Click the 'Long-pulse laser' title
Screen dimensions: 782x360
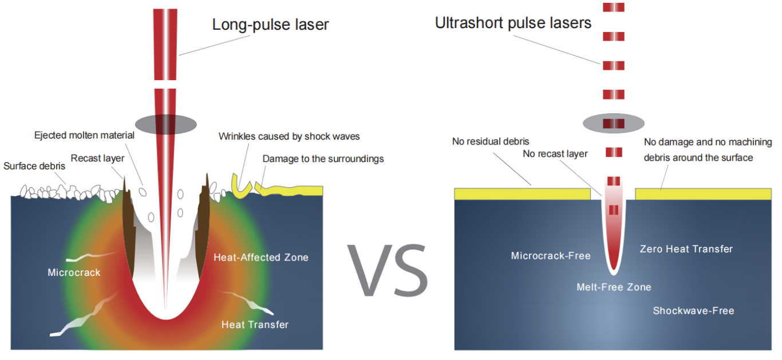(x=271, y=25)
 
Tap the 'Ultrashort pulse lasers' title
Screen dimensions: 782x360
(x=513, y=23)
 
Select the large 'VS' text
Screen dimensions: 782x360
(x=388, y=270)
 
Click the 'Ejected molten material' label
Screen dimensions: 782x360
(x=84, y=136)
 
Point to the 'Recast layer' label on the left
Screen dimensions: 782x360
(x=97, y=159)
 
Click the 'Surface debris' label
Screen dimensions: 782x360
(x=34, y=166)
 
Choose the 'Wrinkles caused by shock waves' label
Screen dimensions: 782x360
(x=289, y=137)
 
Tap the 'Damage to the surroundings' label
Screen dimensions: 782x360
(x=323, y=159)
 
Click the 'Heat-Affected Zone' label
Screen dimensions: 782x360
(x=261, y=258)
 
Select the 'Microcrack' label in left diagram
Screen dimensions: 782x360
(x=74, y=272)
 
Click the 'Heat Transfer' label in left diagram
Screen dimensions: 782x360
(x=255, y=325)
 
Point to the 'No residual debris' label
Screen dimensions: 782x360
(x=491, y=141)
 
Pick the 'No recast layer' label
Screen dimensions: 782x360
(x=555, y=154)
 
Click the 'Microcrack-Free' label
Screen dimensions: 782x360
(x=551, y=256)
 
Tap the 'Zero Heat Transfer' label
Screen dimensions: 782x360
(x=686, y=249)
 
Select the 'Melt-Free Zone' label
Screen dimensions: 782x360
(x=614, y=287)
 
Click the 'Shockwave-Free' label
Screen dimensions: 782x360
(x=694, y=311)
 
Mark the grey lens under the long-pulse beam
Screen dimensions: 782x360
(x=166, y=124)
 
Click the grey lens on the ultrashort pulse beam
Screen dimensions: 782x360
(x=613, y=123)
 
